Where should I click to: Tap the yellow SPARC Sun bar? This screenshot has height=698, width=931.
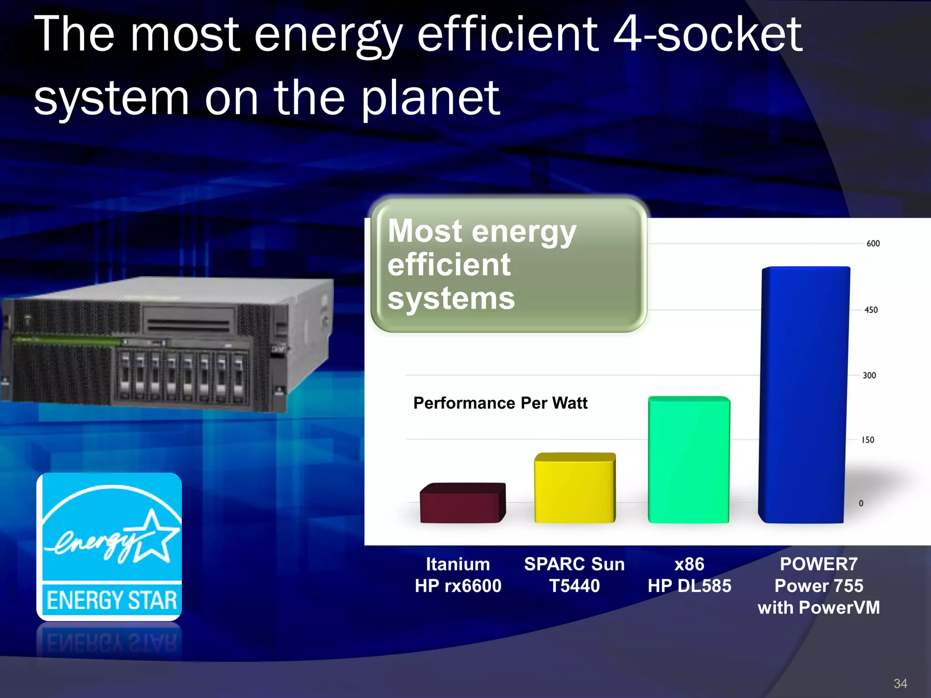(575, 489)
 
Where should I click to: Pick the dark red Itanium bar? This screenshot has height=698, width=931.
(462, 504)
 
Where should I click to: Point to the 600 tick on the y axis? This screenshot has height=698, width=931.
(873, 244)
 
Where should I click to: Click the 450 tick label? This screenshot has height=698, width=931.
(871, 310)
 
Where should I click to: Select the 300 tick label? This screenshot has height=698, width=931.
(869, 375)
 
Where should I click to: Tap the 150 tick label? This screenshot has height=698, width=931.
(867, 440)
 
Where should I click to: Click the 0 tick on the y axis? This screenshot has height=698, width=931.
(861, 504)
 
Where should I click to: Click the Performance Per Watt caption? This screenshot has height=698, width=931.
(500, 403)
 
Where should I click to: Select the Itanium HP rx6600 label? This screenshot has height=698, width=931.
(458, 575)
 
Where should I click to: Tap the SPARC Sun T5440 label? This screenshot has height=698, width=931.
(574, 575)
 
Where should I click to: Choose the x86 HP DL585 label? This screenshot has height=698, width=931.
(689, 575)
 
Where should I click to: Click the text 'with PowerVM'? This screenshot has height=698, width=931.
(818, 608)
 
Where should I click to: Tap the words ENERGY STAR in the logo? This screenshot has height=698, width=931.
(111, 600)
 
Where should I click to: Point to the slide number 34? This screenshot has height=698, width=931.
(900, 683)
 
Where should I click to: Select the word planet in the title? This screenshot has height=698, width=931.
(430, 98)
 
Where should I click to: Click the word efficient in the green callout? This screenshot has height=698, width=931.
(449, 265)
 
